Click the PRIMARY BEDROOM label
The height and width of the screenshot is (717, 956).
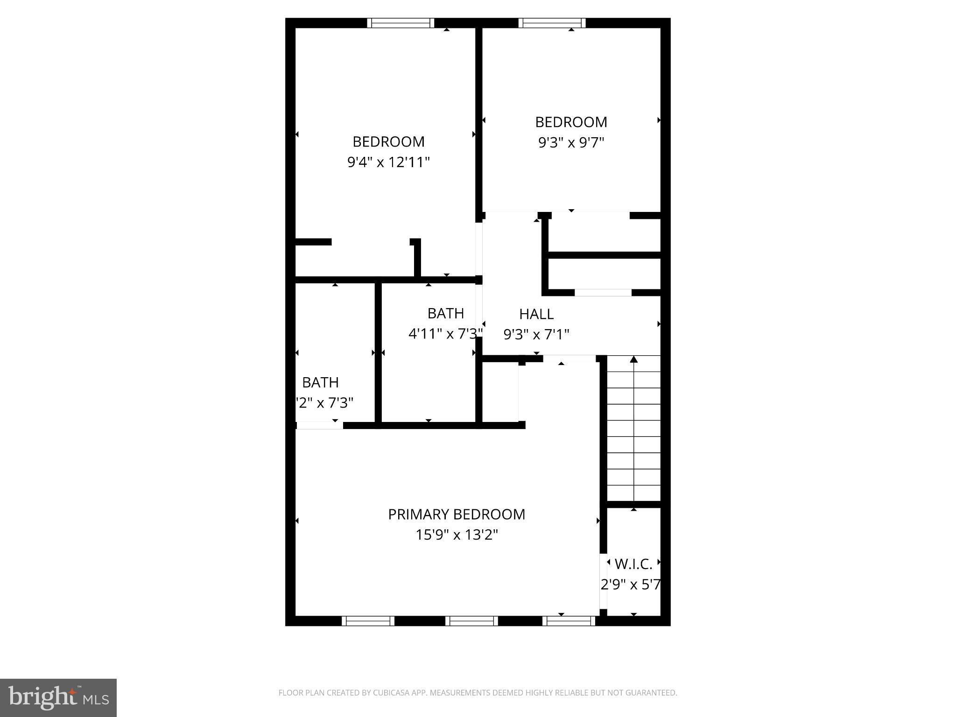(457, 514)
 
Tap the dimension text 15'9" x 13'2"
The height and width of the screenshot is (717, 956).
(457, 535)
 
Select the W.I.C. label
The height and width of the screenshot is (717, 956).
(633, 564)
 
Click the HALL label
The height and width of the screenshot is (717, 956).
(536, 314)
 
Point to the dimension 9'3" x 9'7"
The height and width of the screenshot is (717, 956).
(571, 142)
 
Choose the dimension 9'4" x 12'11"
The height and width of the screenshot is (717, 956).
(388, 162)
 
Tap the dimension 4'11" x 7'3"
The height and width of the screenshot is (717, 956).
(445, 334)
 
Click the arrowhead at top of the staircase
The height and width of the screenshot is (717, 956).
(633, 359)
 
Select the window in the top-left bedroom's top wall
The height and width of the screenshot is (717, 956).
(400, 23)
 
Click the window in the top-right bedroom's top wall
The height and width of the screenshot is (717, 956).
(551, 23)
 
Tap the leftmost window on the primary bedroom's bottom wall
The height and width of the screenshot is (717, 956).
(368, 621)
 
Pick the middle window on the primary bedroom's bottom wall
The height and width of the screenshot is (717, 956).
(471, 621)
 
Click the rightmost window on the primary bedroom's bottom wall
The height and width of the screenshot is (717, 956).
(569, 621)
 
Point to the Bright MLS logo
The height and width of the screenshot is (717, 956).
(58, 698)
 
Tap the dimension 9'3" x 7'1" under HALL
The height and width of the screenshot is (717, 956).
(536, 335)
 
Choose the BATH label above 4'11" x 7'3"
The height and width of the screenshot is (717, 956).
(445, 313)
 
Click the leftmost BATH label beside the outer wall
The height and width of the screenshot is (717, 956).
(320, 383)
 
